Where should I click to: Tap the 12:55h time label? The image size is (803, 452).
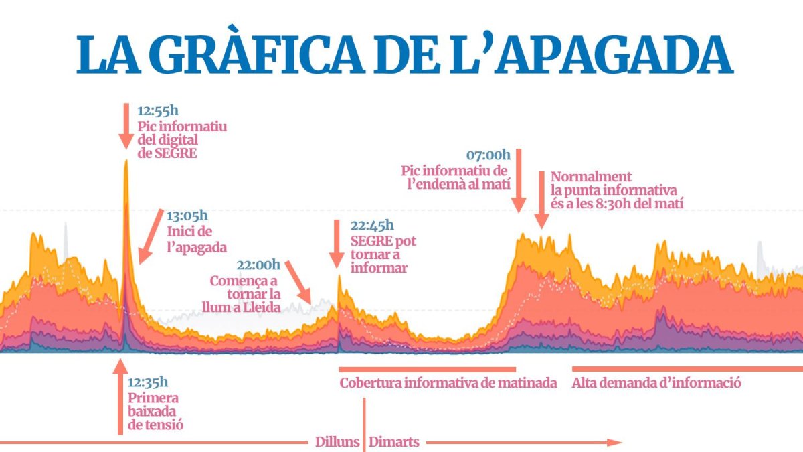click(158, 111)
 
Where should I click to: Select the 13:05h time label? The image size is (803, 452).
click(187, 216)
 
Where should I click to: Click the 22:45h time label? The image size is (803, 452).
click(372, 226)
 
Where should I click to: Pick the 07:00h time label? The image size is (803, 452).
click(488, 155)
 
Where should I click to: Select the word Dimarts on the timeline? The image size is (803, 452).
click(394, 442)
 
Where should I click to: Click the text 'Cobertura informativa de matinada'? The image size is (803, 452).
click(448, 384)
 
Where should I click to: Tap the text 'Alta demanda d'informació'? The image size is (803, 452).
click(656, 384)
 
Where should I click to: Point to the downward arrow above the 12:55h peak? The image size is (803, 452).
click(125, 127)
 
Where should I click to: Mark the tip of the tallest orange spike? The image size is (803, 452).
click(125, 161)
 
